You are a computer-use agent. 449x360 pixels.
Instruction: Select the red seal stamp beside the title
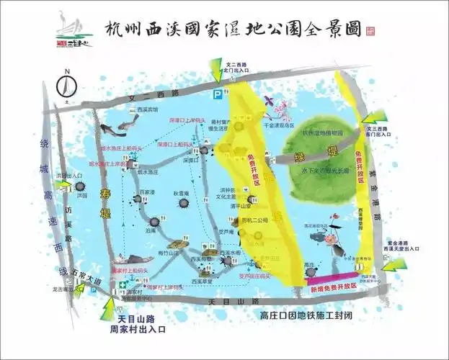(370, 31)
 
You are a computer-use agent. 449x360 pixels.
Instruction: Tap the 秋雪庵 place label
(181, 193)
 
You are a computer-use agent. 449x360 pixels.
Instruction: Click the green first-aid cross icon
(124, 283)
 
